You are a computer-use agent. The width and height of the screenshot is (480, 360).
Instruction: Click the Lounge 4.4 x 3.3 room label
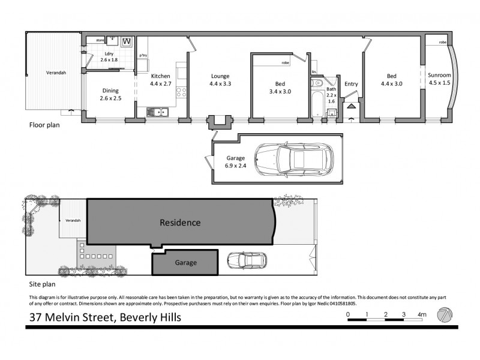[x=220, y=80]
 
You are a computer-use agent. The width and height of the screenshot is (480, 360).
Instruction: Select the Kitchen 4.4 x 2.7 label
[x=161, y=80]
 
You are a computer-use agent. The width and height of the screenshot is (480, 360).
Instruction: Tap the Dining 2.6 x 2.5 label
[x=110, y=94]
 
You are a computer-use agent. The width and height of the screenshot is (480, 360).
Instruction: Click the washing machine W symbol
[x=127, y=41]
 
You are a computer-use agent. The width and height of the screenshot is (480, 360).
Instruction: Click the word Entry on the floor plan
[x=350, y=84]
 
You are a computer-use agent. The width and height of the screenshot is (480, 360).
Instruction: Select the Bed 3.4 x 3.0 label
[x=280, y=88]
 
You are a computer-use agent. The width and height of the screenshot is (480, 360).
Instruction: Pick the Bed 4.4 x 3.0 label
[x=391, y=80]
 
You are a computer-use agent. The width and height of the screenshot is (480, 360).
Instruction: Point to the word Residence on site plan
[x=179, y=223]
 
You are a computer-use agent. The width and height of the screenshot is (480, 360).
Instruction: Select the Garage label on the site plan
[x=185, y=263]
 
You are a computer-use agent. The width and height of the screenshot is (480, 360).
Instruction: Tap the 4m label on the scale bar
[x=422, y=314]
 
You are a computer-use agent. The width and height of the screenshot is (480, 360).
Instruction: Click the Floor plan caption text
[x=44, y=126]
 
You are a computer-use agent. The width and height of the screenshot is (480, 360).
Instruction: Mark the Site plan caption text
[x=43, y=285]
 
